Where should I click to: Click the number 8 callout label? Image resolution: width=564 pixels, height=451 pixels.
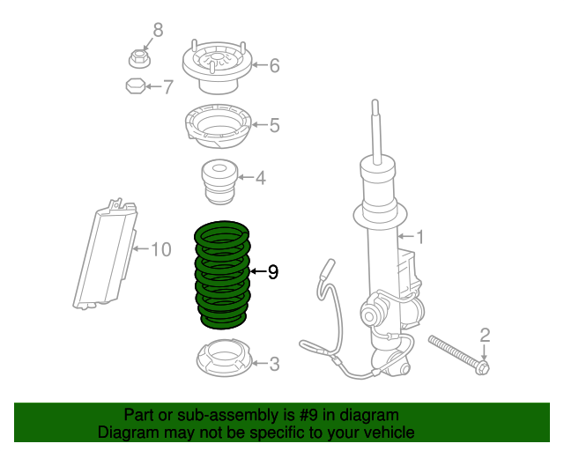pos(158,32)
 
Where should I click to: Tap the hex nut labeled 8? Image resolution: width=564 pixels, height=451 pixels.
pos(139,58)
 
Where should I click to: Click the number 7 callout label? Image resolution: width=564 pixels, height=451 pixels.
pos(167,86)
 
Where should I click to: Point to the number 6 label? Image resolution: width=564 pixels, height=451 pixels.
pos(274,65)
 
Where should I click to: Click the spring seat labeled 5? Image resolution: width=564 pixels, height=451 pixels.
pos(217,128)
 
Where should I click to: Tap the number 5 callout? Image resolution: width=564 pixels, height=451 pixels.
pos(274,126)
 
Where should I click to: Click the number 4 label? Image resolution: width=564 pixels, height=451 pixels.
pos(260,179)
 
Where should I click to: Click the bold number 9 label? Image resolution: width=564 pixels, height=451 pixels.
pos(273,272)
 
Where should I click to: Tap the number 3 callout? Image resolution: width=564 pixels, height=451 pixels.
pos(274,362)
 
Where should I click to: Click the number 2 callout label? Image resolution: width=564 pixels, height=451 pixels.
pos(485,334)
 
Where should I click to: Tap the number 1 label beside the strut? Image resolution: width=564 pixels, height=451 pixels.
pos(419,237)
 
